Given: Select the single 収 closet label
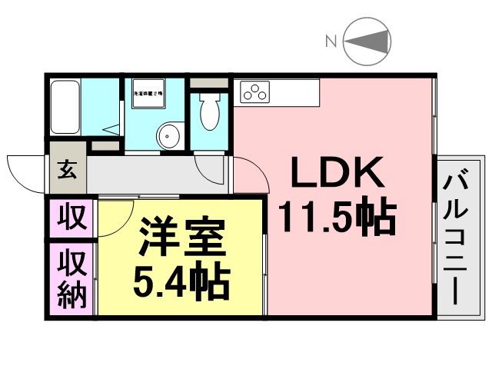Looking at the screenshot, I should (71, 218).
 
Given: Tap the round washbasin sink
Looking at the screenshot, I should (168, 136).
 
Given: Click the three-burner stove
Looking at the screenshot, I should (254, 92).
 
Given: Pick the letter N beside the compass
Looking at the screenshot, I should (331, 42).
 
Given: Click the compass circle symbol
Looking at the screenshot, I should (367, 42).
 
